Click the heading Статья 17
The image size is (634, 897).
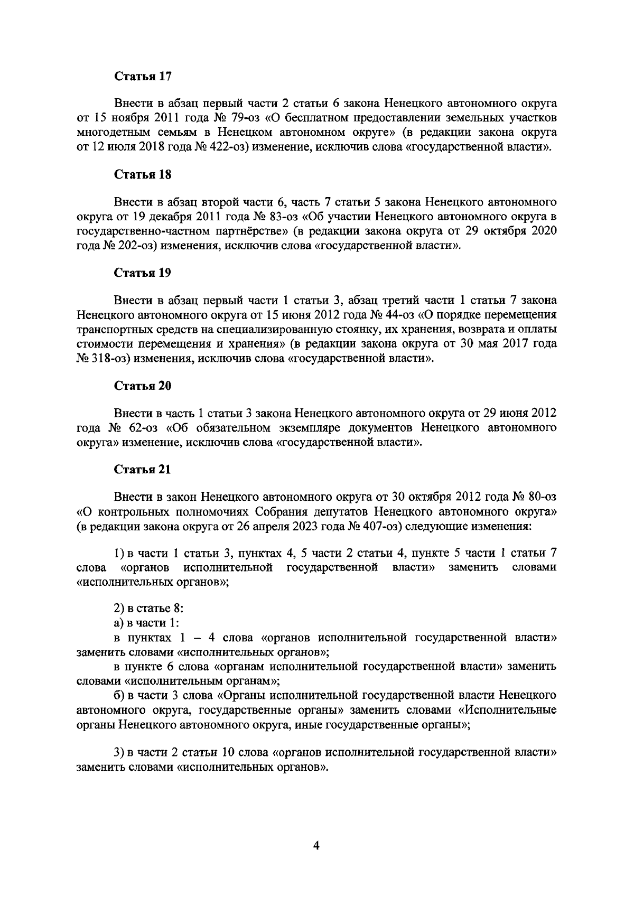(143, 76)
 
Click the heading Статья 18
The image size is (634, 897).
(143, 175)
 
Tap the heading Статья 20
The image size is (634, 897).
(143, 386)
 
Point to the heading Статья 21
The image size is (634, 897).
(143, 470)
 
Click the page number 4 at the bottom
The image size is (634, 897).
(316, 846)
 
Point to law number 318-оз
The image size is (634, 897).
(102, 358)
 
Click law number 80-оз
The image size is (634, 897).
(539, 498)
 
